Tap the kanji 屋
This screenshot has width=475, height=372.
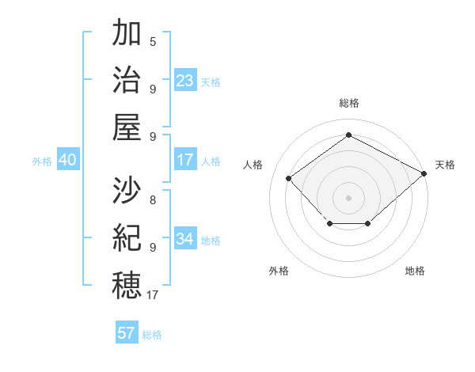pos(127,127)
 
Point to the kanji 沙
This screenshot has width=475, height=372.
pos(127,190)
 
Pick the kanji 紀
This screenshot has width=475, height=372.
pos(127,237)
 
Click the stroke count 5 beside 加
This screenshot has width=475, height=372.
pos(153,42)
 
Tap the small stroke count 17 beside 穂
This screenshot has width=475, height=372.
pos(154,294)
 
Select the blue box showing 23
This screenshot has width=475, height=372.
pos(185,81)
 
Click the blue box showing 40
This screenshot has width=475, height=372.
pos(67,160)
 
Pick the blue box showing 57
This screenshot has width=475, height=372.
pos(127,333)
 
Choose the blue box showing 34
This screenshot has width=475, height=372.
pos(185,239)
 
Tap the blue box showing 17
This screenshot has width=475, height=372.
pos(185,160)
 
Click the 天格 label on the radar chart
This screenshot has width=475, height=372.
pos(445,165)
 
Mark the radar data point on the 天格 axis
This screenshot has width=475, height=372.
pos(424,173)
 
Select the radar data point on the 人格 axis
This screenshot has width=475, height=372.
pos(289,178)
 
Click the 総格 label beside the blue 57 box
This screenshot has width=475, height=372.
pos(152,335)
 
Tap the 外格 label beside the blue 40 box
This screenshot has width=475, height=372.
pos(42,161)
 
